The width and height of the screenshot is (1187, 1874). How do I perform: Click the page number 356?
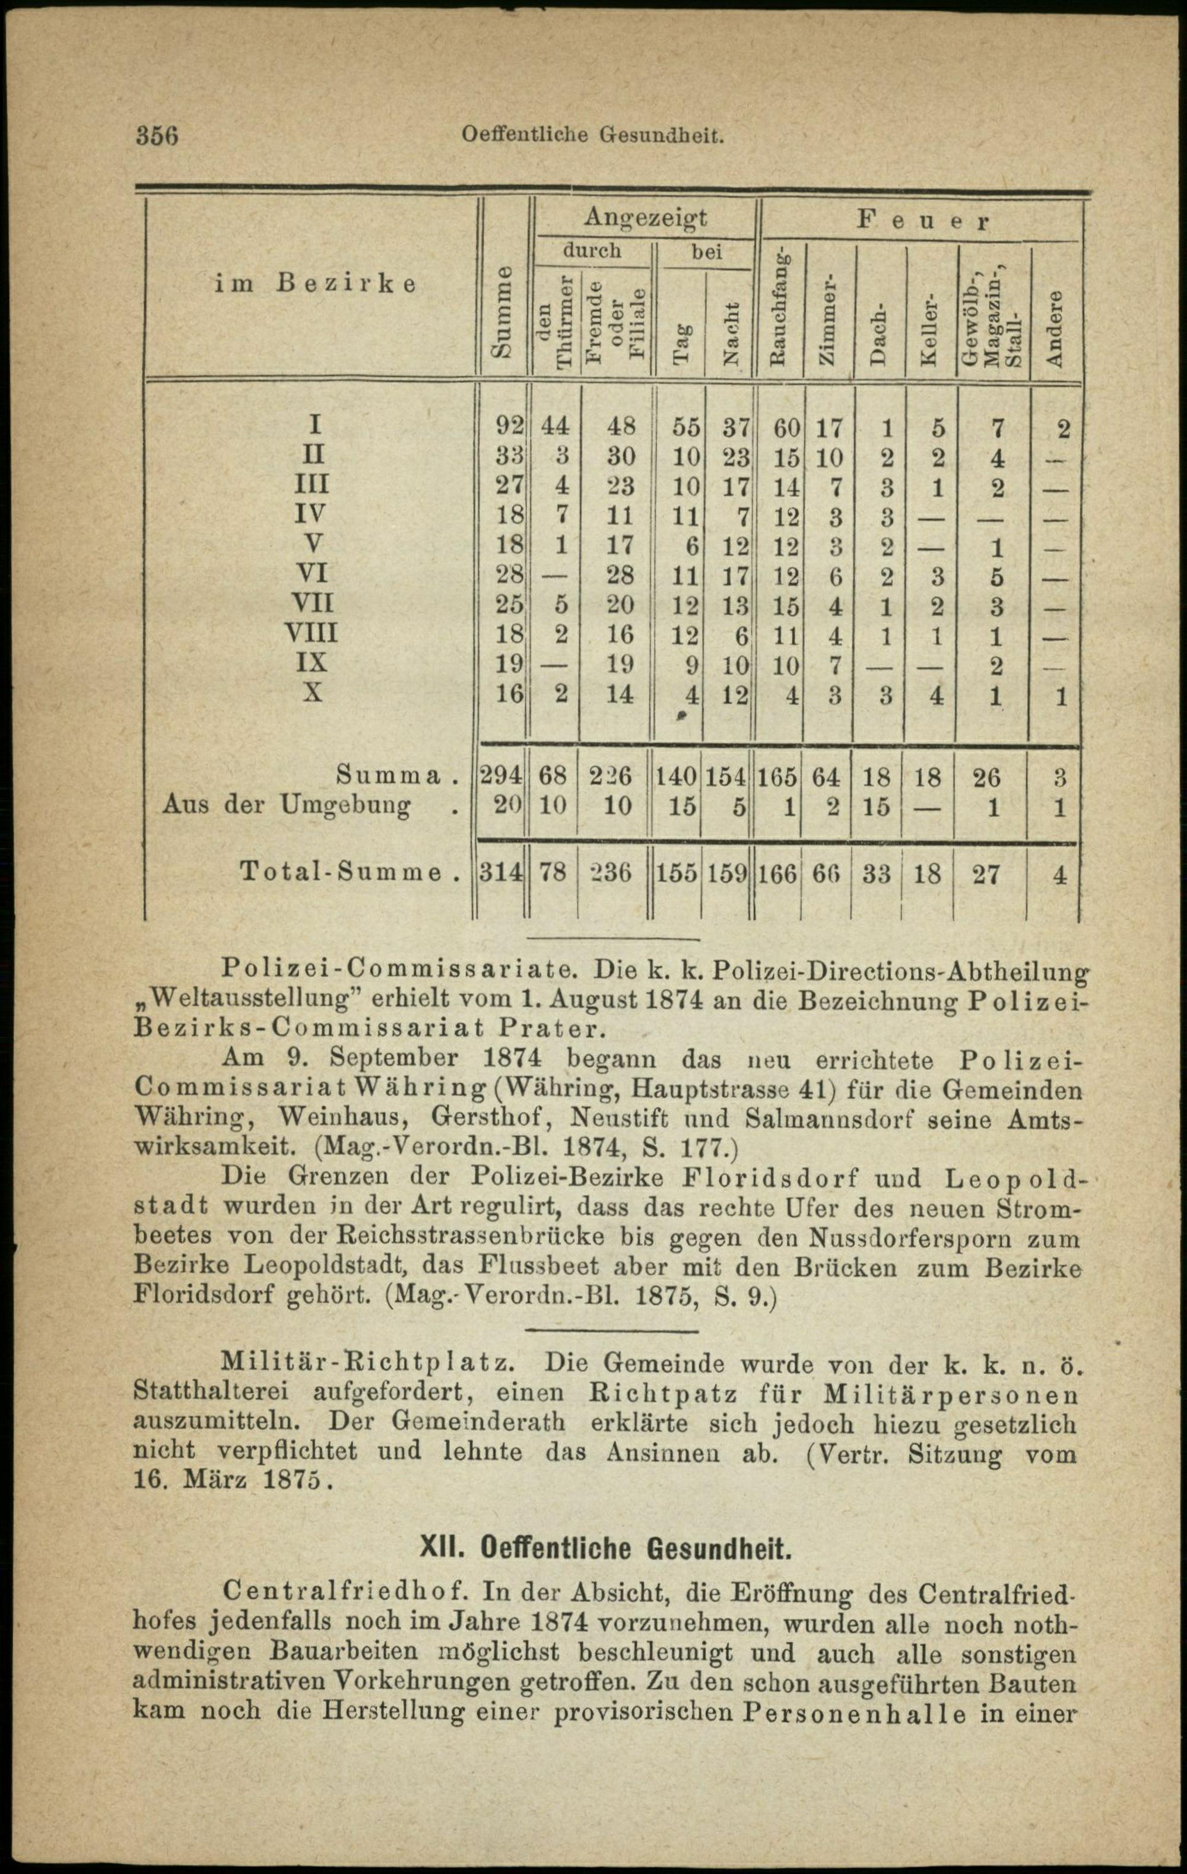click(x=158, y=135)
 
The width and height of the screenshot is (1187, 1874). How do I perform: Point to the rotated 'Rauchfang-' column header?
click(x=777, y=308)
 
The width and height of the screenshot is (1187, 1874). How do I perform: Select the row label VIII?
click(x=312, y=632)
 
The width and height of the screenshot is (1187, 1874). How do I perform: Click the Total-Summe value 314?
click(x=500, y=873)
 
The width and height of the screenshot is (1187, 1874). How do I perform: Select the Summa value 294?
click(x=500, y=776)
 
